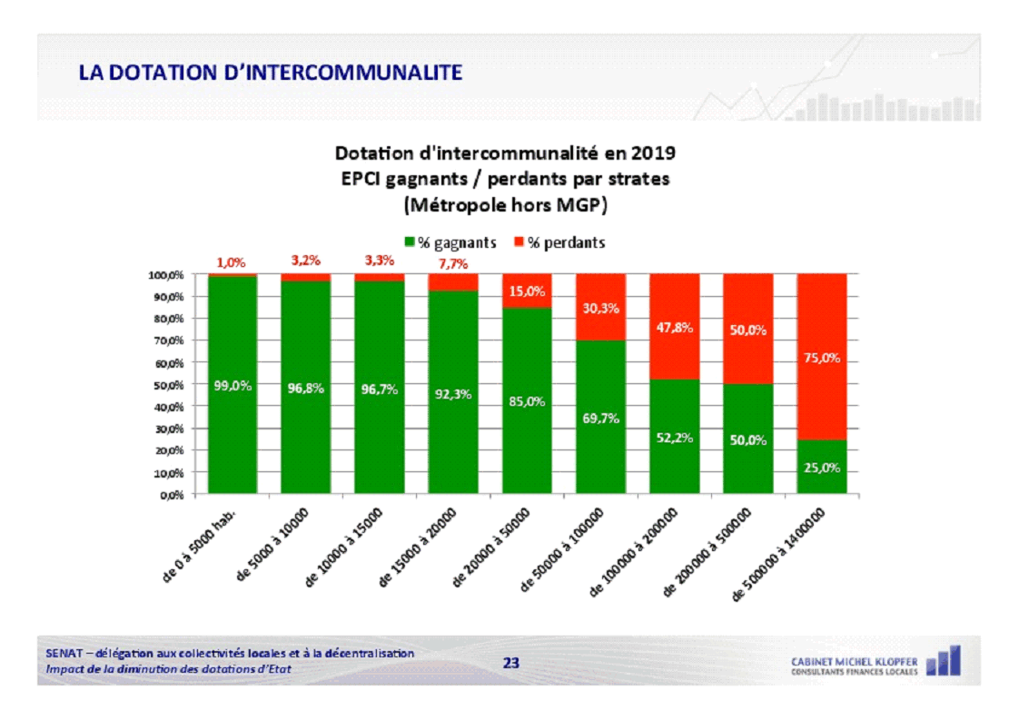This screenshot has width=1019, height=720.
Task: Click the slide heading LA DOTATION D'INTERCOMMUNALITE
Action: click(x=270, y=73)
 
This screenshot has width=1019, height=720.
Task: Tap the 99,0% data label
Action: click(x=232, y=385)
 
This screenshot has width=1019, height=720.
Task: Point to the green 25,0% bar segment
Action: click(x=821, y=468)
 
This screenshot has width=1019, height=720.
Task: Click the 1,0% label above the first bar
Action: click(x=231, y=263)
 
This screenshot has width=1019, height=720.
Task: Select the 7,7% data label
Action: click(x=451, y=263)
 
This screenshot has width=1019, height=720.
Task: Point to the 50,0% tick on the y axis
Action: click(x=168, y=385)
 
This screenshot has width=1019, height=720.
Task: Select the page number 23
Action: click(x=511, y=663)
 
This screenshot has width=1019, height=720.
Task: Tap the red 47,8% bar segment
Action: click(x=674, y=327)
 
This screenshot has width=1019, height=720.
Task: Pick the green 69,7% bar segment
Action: click(x=600, y=418)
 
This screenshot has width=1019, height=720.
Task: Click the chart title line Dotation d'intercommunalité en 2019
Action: click(x=505, y=152)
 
